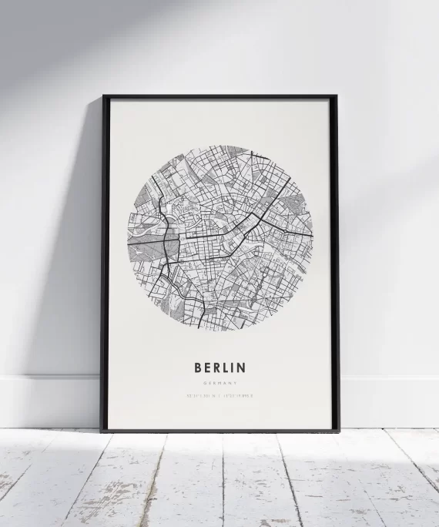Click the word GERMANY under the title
click(x=219, y=383)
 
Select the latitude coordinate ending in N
click(x=202, y=397)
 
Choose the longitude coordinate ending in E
click(x=240, y=397)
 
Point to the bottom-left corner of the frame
click(x=102, y=430)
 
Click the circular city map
click(x=220, y=237)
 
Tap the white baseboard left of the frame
click(x=46, y=401)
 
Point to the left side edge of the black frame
click(x=104, y=262)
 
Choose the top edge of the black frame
click(x=220, y=97)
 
